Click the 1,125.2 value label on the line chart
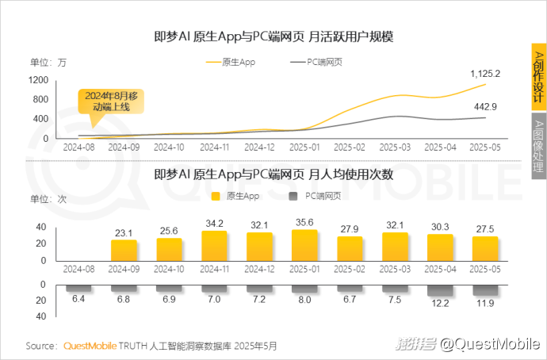485,73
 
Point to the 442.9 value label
485,107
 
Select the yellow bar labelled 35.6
305,247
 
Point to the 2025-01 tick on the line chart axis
305,147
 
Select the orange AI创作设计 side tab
537,76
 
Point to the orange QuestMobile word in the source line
89,346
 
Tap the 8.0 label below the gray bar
305,301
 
